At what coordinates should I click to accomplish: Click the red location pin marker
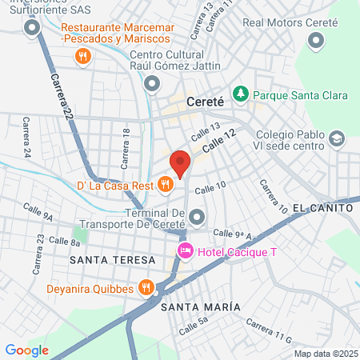180,162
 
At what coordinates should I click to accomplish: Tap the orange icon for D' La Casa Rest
166,185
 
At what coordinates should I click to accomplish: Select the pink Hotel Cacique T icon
185,252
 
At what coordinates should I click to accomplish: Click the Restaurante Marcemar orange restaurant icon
82,56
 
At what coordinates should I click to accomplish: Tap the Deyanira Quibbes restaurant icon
146,286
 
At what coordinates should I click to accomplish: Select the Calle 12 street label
220,142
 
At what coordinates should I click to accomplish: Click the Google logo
26,350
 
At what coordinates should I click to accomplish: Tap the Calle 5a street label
193,325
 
